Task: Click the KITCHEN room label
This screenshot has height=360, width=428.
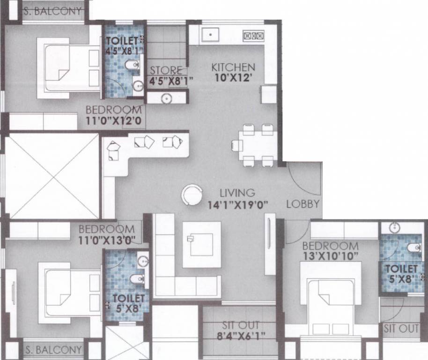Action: [233, 67]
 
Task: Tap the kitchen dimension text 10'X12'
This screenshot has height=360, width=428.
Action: [233, 78]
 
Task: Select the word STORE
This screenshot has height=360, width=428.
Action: [166, 70]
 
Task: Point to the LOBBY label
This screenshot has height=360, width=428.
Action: [303, 204]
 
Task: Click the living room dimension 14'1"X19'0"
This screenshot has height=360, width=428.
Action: [237, 204]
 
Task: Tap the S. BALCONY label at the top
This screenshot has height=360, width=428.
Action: [52, 12]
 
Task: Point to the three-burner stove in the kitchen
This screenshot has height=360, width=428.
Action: [253, 35]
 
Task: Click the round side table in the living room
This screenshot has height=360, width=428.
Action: [192, 195]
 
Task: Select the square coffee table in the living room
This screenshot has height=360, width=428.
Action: [201, 245]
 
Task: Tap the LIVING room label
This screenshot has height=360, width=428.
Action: [237, 193]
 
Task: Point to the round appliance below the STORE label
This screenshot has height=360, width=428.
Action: [165, 98]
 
